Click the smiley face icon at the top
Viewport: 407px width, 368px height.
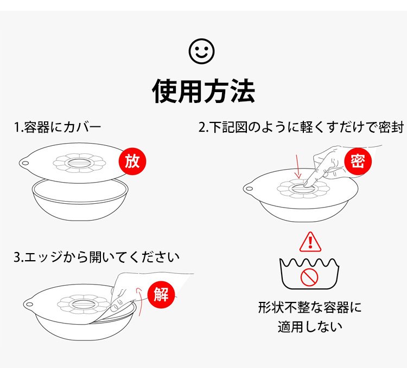point(202,51)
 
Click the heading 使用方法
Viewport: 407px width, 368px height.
point(203,91)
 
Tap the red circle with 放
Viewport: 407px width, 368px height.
point(132,161)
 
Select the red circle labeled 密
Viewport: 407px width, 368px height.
point(358,161)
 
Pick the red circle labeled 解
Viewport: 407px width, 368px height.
point(161,294)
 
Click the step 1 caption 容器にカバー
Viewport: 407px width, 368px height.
point(58,127)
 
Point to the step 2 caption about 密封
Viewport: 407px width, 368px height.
point(301,127)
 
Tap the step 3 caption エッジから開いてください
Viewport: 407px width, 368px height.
point(97,257)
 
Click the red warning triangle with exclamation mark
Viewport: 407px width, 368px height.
point(310,242)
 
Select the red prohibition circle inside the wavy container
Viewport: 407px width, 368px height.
point(309,277)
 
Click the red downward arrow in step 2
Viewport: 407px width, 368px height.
point(298,166)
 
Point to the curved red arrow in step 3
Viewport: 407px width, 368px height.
point(139,301)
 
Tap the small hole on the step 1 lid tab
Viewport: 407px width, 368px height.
point(26,164)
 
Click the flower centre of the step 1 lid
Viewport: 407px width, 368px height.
point(79,163)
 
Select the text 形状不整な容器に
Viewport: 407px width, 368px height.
point(310,307)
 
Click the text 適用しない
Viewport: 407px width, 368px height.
point(310,326)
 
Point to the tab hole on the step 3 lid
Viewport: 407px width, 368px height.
point(29,304)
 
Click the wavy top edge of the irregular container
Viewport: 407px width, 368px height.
point(309,262)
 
